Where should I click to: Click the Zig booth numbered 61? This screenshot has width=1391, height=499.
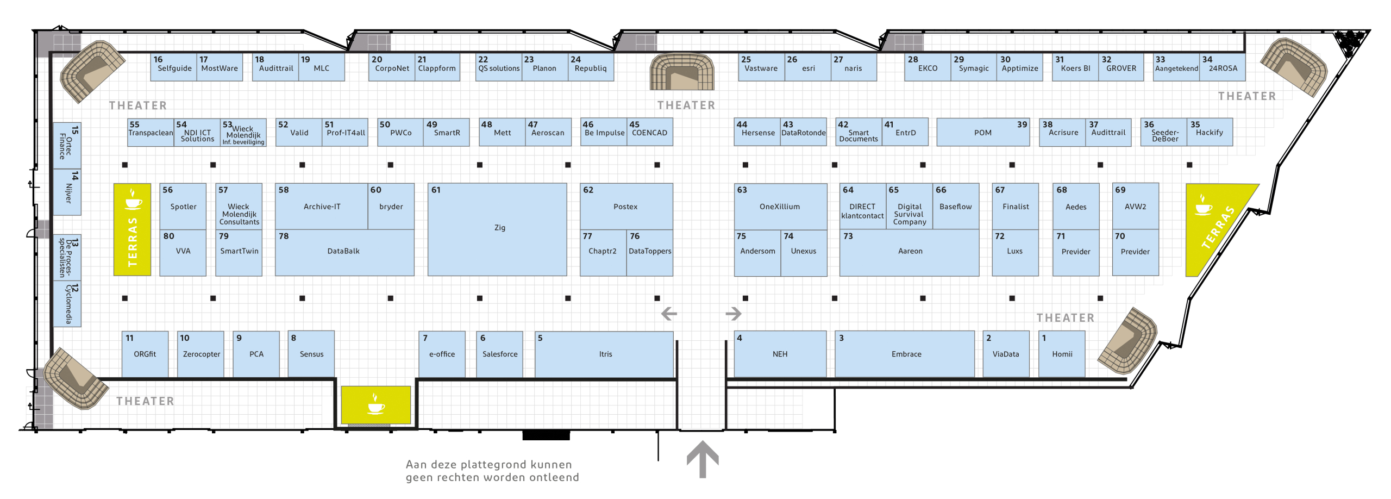coord(497,229)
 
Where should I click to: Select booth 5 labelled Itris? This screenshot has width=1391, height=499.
coord(604,354)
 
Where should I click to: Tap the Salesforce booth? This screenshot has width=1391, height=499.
coord(499,354)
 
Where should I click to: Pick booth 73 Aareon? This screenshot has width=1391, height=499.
coord(909,253)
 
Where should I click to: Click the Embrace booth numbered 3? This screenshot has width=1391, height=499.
coord(905,354)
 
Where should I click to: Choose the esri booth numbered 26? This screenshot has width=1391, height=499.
coord(807,67)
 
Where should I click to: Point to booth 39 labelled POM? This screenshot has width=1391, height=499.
coord(983,132)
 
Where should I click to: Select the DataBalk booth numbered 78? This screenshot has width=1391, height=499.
coord(344,253)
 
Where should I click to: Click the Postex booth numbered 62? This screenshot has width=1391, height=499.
coord(626,207)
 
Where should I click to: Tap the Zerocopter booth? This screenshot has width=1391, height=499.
coord(201,354)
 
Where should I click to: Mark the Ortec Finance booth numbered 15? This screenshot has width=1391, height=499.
coord(67,146)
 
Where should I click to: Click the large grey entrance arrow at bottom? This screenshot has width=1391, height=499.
coord(703,459)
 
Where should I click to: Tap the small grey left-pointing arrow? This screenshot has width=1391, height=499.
coord(669,314)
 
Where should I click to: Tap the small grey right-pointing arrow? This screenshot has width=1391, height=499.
coord(734,314)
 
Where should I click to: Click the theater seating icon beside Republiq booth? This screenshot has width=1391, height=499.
coord(682,71)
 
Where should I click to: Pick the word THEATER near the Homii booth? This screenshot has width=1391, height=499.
coord(1065,318)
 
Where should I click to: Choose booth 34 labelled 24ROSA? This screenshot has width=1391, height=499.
coord(1222,67)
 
